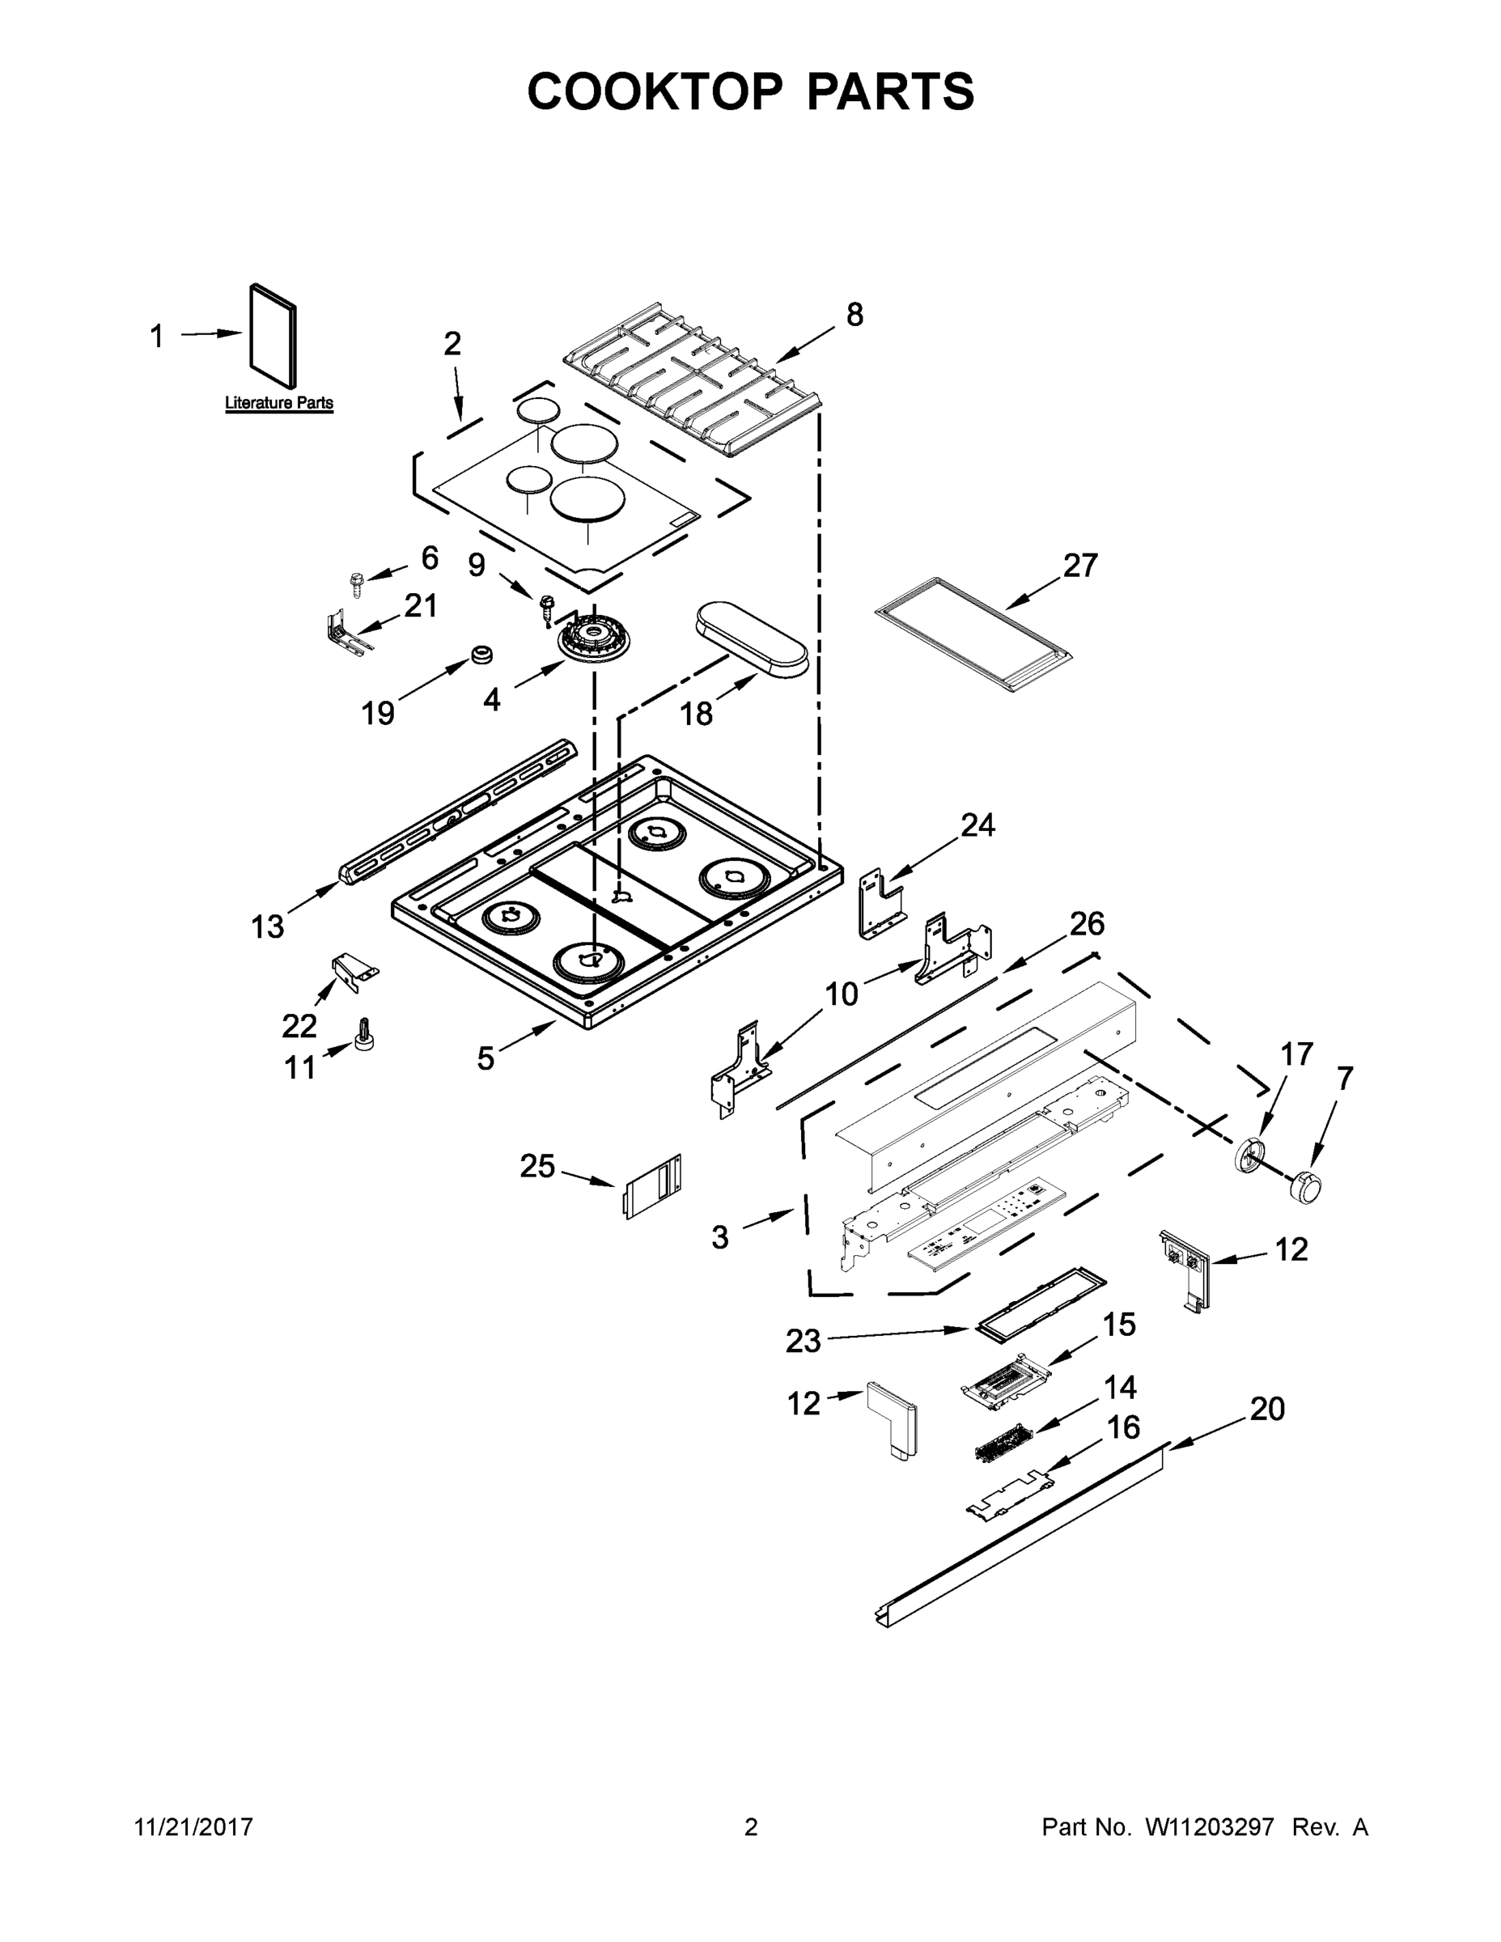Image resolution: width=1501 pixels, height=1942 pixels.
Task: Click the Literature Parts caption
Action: (278, 403)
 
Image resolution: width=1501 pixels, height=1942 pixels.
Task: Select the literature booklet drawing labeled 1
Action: (272, 327)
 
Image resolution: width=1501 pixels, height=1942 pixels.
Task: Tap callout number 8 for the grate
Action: (854, 315)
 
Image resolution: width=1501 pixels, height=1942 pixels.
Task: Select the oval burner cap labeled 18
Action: (753, 638)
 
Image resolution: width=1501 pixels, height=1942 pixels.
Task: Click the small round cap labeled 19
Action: (482, 655)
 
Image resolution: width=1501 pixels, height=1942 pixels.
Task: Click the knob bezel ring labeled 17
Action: (1250, 1153)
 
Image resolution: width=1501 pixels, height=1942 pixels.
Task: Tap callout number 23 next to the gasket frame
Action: (803, 1340)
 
